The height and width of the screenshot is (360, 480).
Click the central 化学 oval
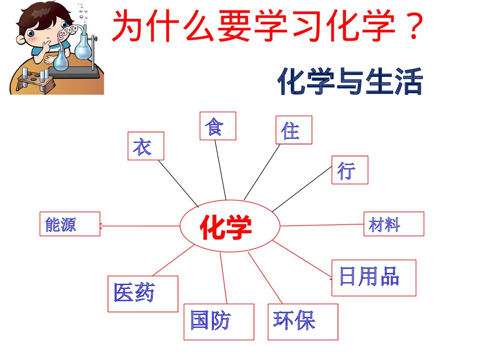coord(230,226)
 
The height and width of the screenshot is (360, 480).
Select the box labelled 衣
coord(145,146)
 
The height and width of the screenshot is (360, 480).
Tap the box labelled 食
coord(217,126)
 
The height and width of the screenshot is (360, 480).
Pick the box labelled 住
coord(293,130)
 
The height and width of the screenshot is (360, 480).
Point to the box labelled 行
coord(349,170)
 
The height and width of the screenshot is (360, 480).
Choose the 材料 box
coord(394,224)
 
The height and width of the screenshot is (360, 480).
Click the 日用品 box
coord(373,277)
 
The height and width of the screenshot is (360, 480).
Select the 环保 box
coord(302,322)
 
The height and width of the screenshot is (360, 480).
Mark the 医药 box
coord(143,293)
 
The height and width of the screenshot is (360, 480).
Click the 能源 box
coord(70,224)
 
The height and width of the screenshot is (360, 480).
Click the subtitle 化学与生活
coord(349,82)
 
